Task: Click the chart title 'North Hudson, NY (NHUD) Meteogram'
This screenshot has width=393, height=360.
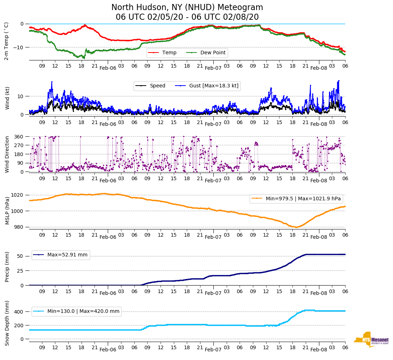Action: pyautogui.click(x=187, y=8)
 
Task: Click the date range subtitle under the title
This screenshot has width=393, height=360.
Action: pyautogui.click(x=187, y=17)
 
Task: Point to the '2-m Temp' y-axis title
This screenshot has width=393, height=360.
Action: pyautogui.click(x=6, y=41)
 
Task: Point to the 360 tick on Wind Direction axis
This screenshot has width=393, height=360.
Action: pyautogui.click(x=19, y=137)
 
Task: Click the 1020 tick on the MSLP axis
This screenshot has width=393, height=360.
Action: pyautogui.click(x=18, y=195)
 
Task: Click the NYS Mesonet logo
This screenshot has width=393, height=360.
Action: pyautogui.click(x=371, y=340)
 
